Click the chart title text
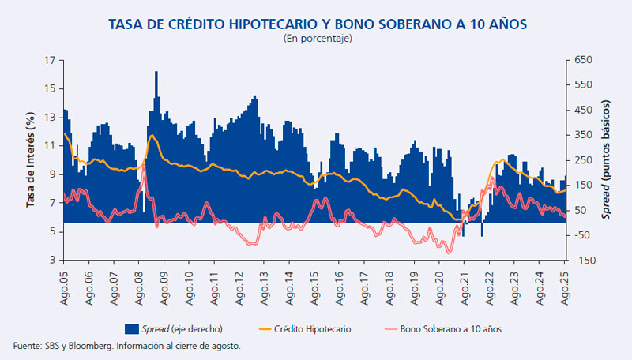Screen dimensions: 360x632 316,24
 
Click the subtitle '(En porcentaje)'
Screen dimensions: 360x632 316,38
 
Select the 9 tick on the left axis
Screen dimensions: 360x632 52,174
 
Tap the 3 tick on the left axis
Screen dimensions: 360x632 52,260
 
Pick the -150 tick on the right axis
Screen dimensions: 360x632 583,260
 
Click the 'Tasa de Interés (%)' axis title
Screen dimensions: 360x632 31,160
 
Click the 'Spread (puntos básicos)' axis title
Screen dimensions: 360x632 607,160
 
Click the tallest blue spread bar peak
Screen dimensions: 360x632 156,73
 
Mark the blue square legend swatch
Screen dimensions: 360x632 131,328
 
